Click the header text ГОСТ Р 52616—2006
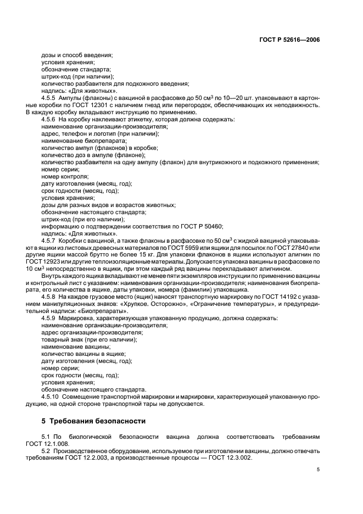coord(293,40)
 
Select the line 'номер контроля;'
coord(65,176)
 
